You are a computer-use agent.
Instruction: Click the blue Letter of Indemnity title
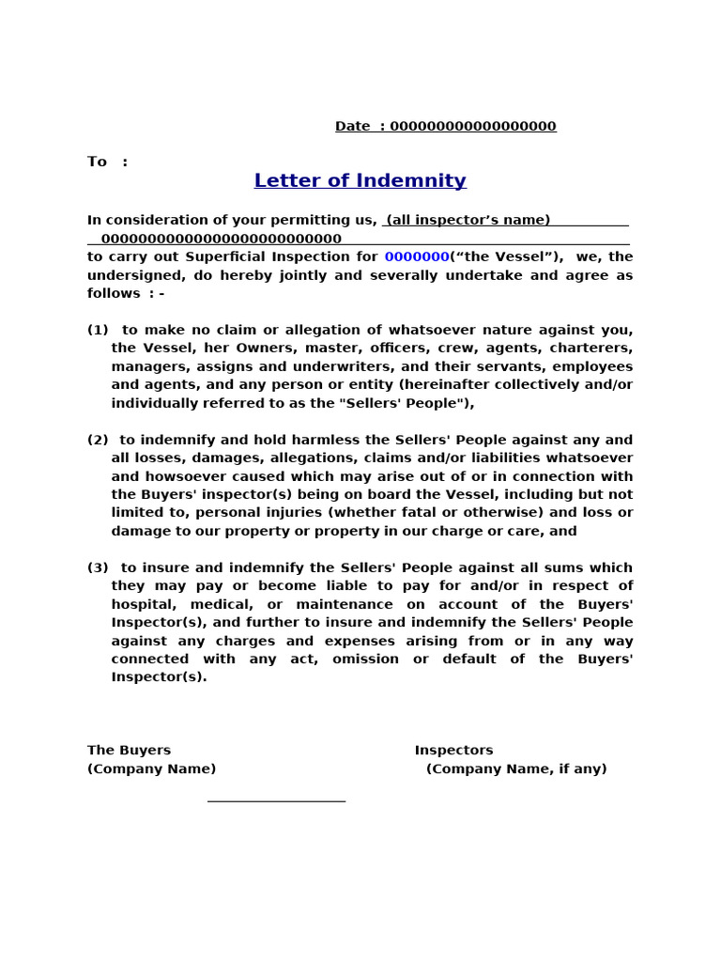click(x=360, y=180)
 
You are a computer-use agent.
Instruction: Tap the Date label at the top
click(x=352, y=127)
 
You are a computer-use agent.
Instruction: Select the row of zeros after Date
click(x=472, y=127)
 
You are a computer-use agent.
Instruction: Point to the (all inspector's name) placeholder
click(x=468, y=220)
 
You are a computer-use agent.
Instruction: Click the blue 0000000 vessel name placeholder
click(x=417, y=256)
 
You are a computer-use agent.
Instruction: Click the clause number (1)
click(x=98, y=330)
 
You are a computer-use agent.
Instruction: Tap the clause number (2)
click(x=98, y=440)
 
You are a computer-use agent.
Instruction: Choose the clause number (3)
click(x=98, y=567)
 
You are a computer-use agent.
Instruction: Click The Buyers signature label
click(x=129, y=751)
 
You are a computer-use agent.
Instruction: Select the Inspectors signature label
click(x=453, y=751)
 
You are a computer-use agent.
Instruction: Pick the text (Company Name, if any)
click(x=516, y=769)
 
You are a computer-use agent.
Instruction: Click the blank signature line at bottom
click(x=276, y=800)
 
